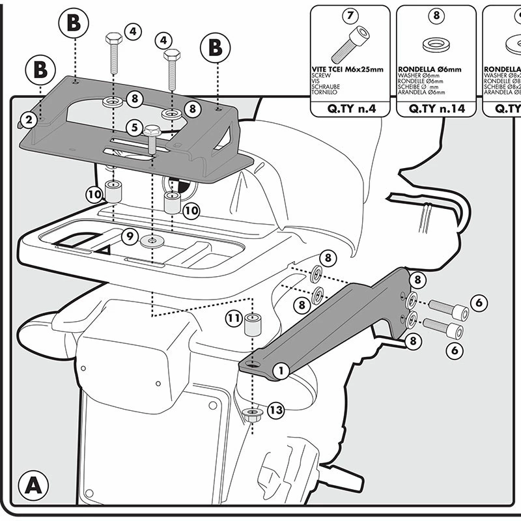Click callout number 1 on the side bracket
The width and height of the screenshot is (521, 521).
[281, 371]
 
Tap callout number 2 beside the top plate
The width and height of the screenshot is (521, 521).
[27, 119]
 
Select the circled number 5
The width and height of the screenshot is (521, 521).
[135, 127]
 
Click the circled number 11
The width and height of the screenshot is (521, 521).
[234, 318]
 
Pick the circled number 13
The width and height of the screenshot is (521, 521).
[275, 410]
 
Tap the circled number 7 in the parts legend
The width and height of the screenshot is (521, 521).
[350, 15]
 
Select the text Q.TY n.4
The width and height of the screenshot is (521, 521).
[350, 109]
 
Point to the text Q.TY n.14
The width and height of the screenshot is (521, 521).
[436, 109]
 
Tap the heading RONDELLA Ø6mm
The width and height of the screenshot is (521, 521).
[430, 68]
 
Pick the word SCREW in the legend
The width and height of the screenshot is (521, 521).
[323, 75]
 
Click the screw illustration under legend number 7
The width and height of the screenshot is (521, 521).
[349, 43]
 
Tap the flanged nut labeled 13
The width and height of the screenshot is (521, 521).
[251, 414]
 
